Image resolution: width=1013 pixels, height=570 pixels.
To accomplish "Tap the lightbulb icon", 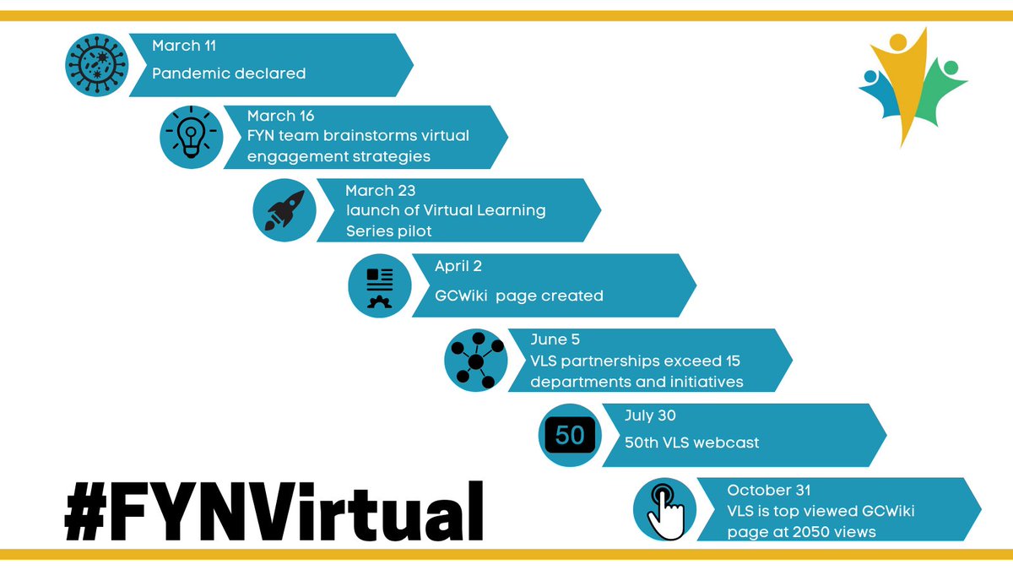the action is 192,136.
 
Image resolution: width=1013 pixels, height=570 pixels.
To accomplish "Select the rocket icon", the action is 285,210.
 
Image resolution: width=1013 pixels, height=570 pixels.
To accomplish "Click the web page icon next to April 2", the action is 381,286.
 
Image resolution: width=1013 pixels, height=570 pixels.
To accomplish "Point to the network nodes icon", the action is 475,361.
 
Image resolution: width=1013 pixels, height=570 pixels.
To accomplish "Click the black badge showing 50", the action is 570,435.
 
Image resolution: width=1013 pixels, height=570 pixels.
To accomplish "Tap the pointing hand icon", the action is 664,509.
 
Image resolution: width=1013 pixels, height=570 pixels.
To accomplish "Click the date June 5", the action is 555,340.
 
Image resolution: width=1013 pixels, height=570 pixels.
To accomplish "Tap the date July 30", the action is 650,415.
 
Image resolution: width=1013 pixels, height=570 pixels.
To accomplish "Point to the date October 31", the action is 769,490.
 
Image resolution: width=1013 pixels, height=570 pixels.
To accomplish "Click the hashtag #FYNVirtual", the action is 274,512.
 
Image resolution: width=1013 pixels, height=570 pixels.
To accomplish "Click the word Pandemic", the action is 187,73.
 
